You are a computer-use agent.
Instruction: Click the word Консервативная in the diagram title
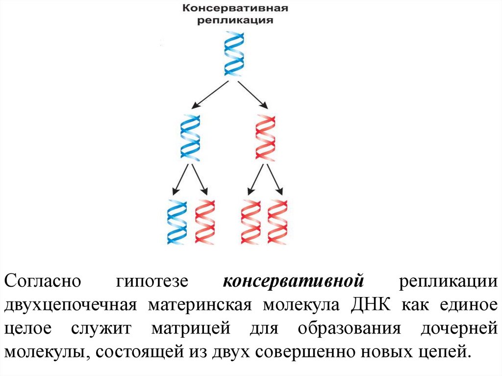click(x=235, y=9)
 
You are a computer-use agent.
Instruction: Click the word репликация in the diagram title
click(x=235, y=21)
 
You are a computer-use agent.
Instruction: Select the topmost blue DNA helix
click(x=234, y=53)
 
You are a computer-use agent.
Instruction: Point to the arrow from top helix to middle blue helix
click(x=210, y=95)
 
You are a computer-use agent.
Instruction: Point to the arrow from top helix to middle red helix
click(x=253, y=95)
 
